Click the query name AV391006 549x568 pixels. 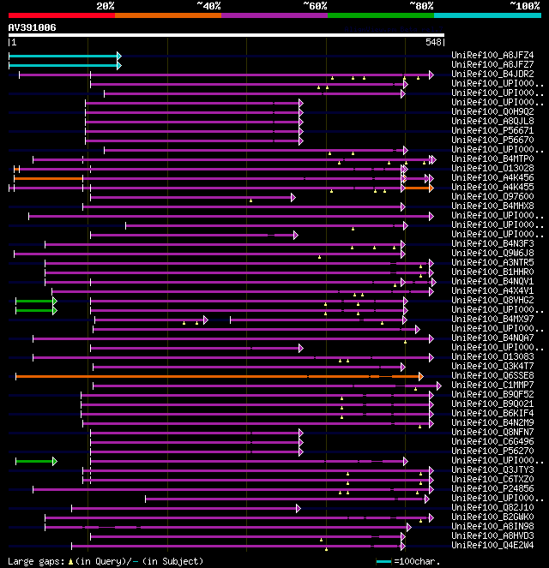click(32, 27)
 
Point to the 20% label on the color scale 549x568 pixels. click(106, 5)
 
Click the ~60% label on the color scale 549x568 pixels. click(315, 5)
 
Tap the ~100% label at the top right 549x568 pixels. click(524, 5)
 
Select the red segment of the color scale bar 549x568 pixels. click(61, 15)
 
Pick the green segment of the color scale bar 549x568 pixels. click(380, 15)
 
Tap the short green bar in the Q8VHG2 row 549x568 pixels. click(34, 301)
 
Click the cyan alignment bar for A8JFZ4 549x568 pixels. click(63, 56)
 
